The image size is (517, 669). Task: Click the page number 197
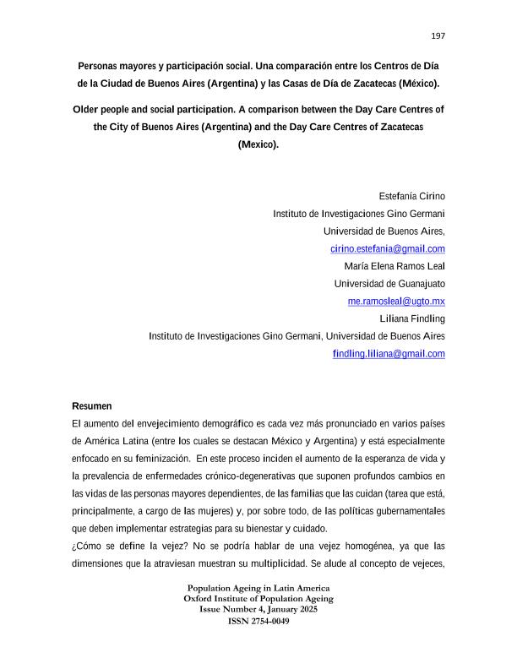438,35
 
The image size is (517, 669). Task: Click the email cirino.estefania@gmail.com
388,248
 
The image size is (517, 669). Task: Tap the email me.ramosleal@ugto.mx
396,301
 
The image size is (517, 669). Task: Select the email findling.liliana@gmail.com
389,354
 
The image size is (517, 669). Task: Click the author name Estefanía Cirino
411,195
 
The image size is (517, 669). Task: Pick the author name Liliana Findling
413,318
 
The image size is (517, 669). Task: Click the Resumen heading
92,406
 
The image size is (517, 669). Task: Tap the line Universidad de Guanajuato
389,283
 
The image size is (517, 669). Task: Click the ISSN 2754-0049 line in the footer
258,621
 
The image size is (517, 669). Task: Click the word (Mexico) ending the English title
258,144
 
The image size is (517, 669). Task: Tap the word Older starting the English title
87,110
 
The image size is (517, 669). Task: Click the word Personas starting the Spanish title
100,66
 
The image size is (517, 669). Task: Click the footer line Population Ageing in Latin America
258,588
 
